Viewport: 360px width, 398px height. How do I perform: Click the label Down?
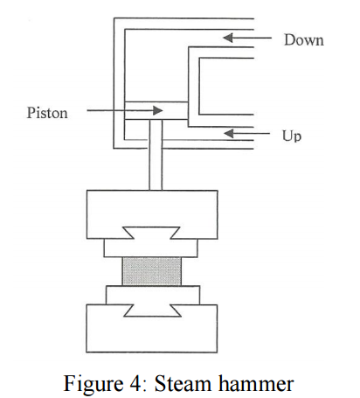(303, 39)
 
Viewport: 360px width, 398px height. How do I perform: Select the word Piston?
(47, 111)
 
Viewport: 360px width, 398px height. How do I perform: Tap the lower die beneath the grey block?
(155, 292)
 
